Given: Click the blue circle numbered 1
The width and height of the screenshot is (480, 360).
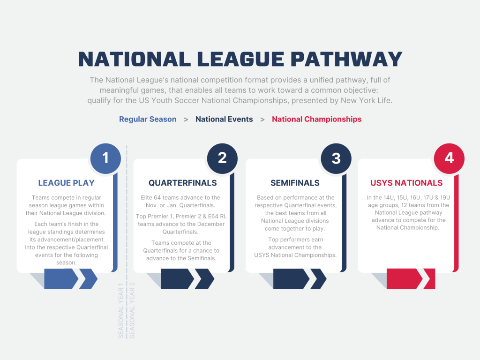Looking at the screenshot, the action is (x=105, y=158).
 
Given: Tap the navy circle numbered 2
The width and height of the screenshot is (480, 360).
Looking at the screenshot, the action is (x=222, y=158).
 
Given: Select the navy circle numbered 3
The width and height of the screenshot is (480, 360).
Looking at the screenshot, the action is (x=336, y=158).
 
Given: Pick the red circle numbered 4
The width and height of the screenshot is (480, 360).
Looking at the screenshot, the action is (x=449, y=158).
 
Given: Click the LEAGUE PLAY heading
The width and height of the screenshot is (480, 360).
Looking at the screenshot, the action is (x=66, y=183).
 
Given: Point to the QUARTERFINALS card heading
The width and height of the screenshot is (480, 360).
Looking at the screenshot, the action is (x=182, y=183).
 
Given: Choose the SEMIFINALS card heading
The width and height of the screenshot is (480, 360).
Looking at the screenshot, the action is (x=295, y=183).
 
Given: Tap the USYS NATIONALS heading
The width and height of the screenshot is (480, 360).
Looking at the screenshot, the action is (x=406, y=183).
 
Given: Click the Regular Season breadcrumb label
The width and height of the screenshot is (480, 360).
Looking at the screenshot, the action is (x=148, y=120).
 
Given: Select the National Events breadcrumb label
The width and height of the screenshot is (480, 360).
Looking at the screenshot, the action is (x=224, y=120).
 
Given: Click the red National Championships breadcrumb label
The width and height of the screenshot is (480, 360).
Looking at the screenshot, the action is (x=316, y=120).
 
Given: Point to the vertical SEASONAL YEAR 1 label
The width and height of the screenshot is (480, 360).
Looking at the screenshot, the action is (x=120, y=310).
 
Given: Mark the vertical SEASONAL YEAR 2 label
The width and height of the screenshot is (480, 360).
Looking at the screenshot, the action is (x=132, y=310).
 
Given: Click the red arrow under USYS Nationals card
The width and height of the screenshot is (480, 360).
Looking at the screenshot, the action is (x=411, y=279).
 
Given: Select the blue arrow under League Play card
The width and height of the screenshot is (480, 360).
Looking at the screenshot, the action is (x=71, y=279).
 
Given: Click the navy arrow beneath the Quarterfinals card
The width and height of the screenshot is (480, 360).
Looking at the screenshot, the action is (x=187, y=279).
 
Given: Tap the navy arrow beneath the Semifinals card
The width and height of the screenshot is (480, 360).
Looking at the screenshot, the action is (x=300, y=279).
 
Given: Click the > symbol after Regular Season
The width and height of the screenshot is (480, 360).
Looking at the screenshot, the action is (x=186, y=120).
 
